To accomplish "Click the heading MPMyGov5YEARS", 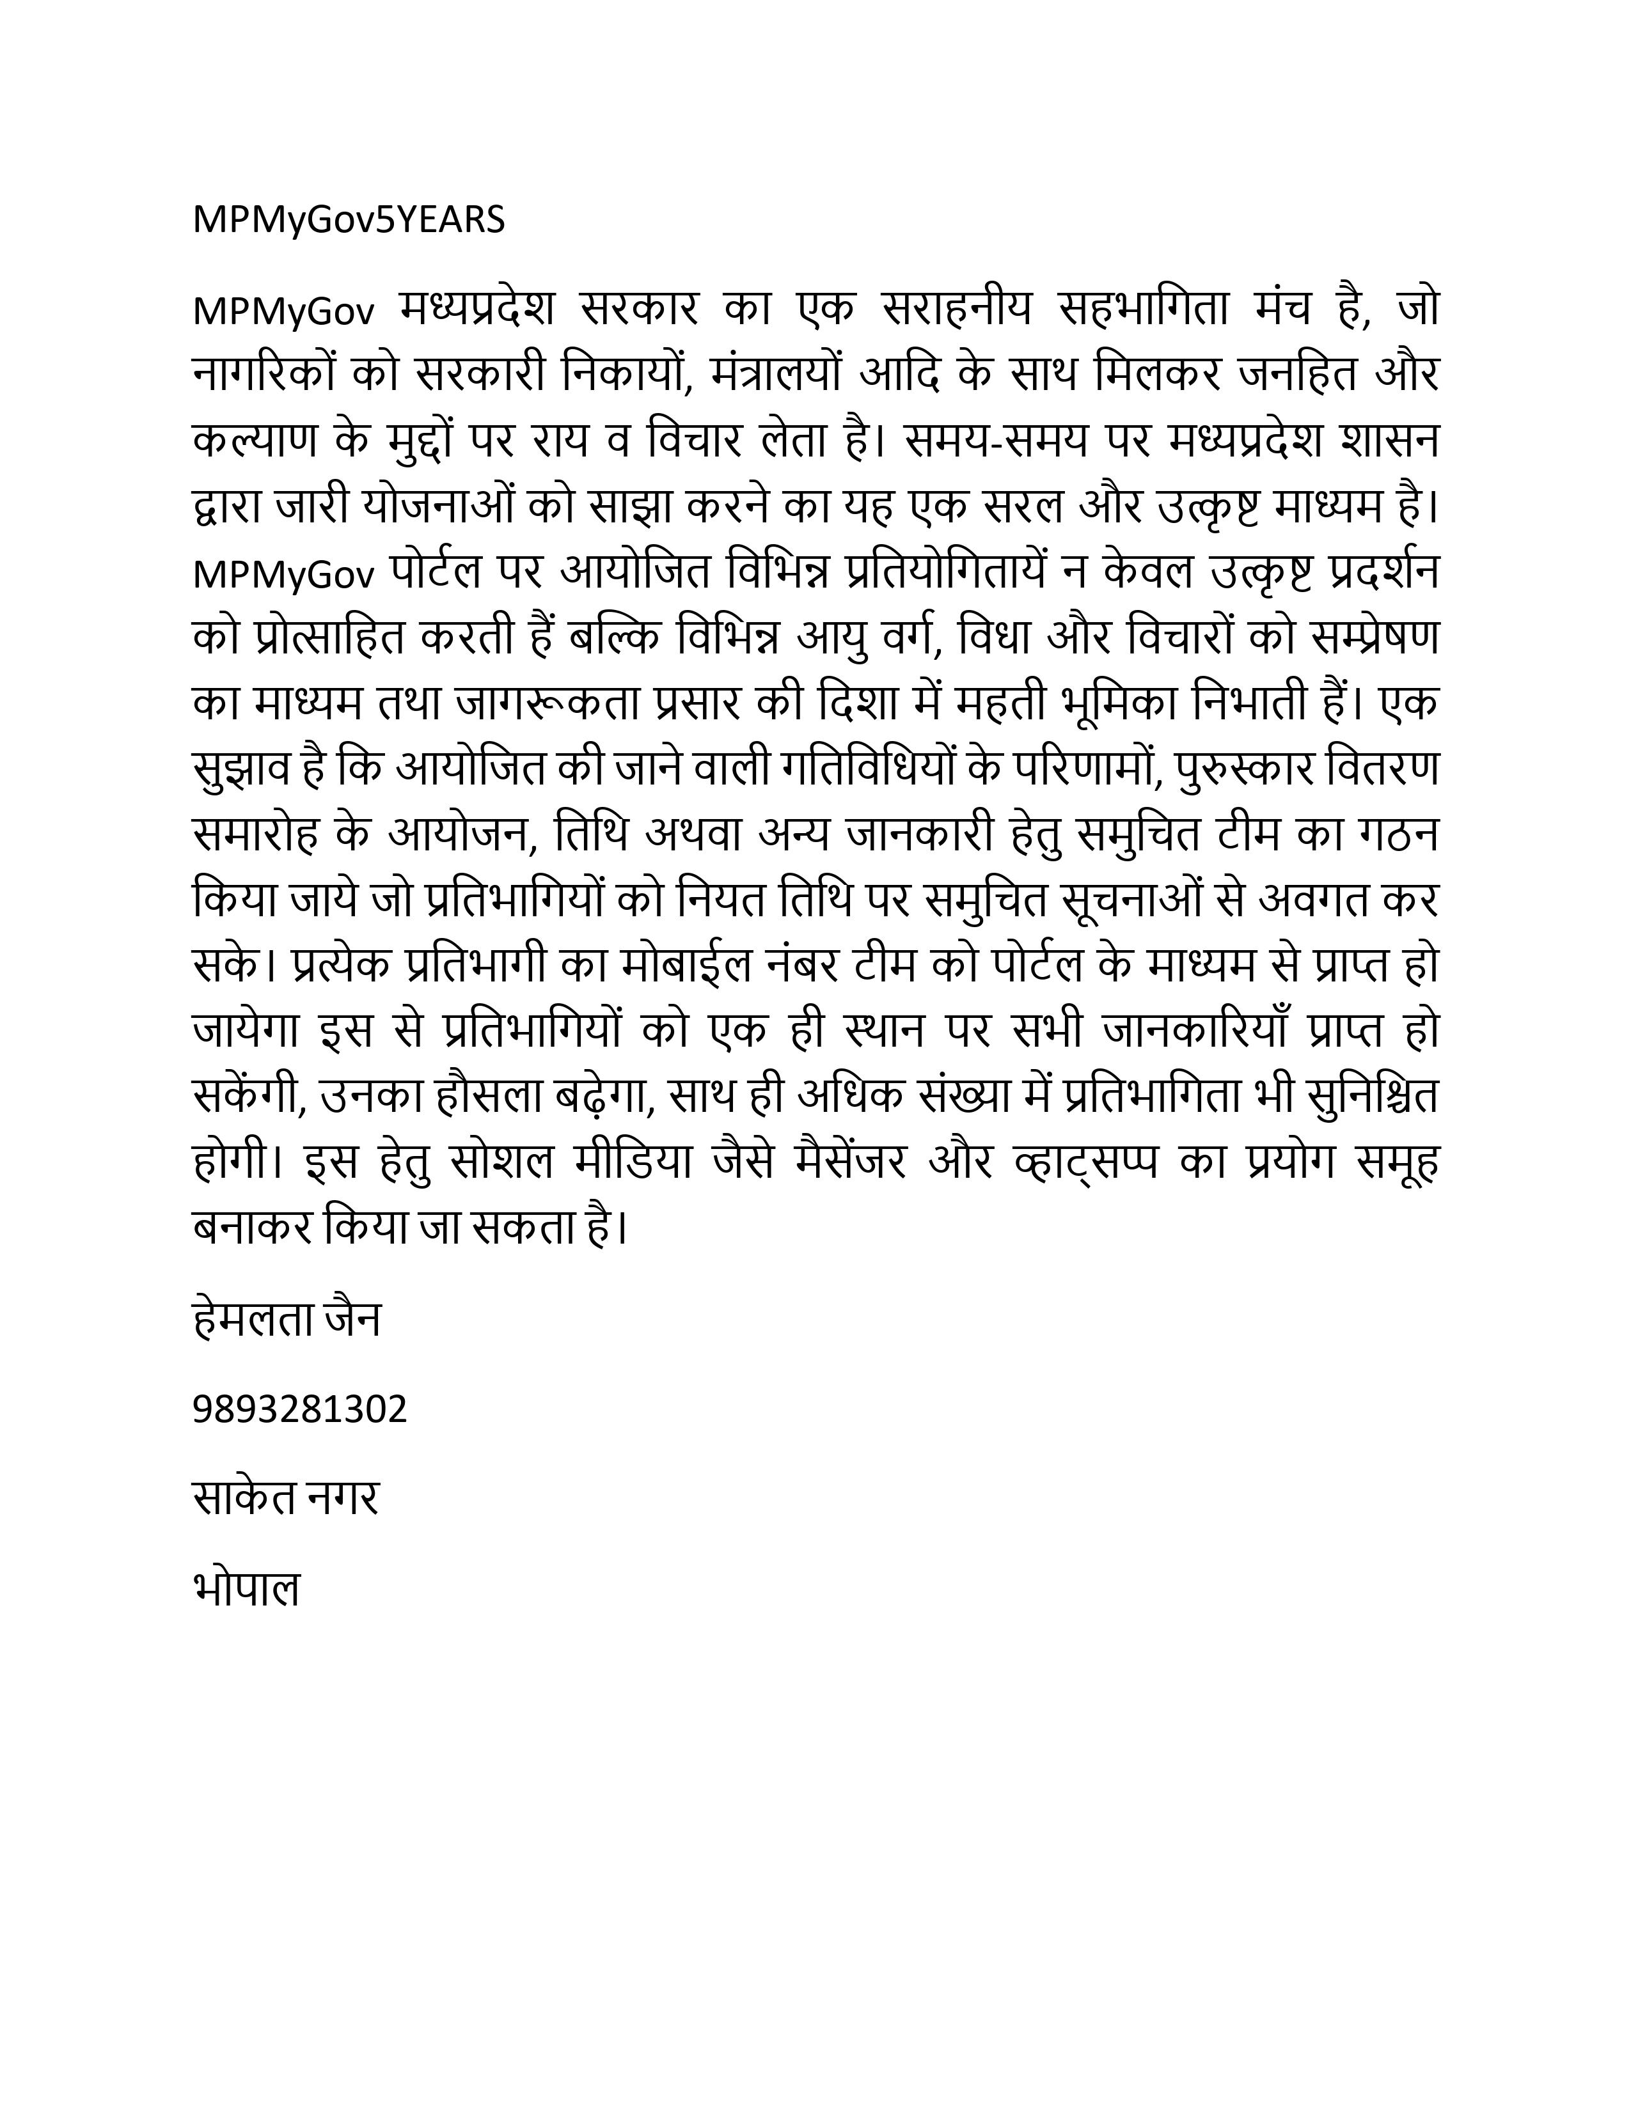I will click(x=349, y=221).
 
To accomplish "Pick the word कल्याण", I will click(x=255, y=441).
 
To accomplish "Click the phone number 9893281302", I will click(x=299, y=1410).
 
